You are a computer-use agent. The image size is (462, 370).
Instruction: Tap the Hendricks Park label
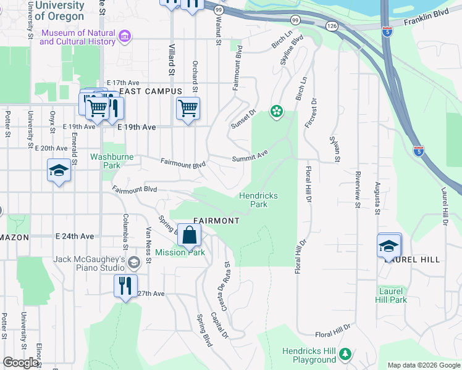[258, 200]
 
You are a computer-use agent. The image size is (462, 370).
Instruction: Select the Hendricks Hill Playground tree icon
[345, 353]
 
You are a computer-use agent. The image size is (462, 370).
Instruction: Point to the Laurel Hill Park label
[390, 295]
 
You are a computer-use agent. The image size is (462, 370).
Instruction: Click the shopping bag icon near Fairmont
[191, 235]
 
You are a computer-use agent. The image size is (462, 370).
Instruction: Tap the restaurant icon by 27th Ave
[125, 286]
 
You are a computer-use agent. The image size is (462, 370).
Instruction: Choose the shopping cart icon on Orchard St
[188, 109]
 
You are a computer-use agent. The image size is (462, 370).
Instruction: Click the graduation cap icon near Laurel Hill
[389, 245]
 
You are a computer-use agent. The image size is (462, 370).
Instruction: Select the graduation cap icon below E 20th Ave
[59, 170]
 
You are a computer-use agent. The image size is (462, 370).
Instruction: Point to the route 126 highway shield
[332, 26]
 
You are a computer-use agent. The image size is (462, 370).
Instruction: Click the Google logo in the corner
[20, 363]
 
